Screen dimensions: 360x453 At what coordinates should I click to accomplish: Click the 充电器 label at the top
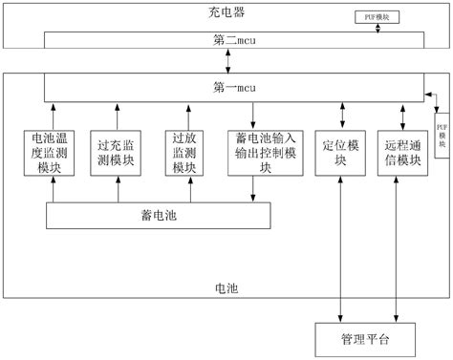click(x=226, y=12)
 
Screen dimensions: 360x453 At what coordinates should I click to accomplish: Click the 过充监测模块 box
click(x=117, y=151)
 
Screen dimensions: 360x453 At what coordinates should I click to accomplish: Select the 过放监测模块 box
click(x=184, y=151)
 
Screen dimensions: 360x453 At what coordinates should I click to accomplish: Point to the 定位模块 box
click(x=340, y=151)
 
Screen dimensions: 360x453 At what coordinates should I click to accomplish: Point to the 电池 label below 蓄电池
click(x=226, y=286)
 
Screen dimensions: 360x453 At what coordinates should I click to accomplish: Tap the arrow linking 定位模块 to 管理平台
click(x=340, y=248)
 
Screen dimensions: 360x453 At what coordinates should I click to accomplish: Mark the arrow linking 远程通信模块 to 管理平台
click(x=399, y=248)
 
